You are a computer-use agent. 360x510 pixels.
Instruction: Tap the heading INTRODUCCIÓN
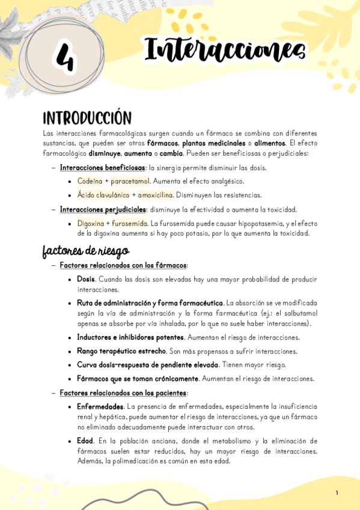pyautogui.click(x=87, y=117)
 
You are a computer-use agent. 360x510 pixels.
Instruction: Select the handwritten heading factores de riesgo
pyautogui.click(x=85, y=250)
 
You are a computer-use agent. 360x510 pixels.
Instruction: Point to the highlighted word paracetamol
pyautogui.click(x=130, y=181)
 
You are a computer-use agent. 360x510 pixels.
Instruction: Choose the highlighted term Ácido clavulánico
pyautogui.click(x=102, y=195)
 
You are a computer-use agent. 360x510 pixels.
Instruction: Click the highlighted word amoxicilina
pyautogui.click(x=155, y=195)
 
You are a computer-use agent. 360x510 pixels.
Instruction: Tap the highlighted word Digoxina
pyautogui.click(x=91, y=223)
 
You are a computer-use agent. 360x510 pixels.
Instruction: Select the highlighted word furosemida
pyautogui.click(x=129, y=223)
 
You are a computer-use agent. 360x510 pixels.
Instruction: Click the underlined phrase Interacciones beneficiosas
pyautogui.click(x=103, y=168)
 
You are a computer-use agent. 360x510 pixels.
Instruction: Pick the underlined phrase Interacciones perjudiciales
pyautogui.click(x=103, y=209)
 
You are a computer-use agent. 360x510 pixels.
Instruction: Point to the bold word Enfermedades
pyautogui.click(x=100, y=407)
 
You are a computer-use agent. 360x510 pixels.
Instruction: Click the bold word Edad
pyautogui.click(x=85, y=441)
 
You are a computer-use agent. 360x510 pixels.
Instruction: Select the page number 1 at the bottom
pyautogui.click(x=337, y=493)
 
